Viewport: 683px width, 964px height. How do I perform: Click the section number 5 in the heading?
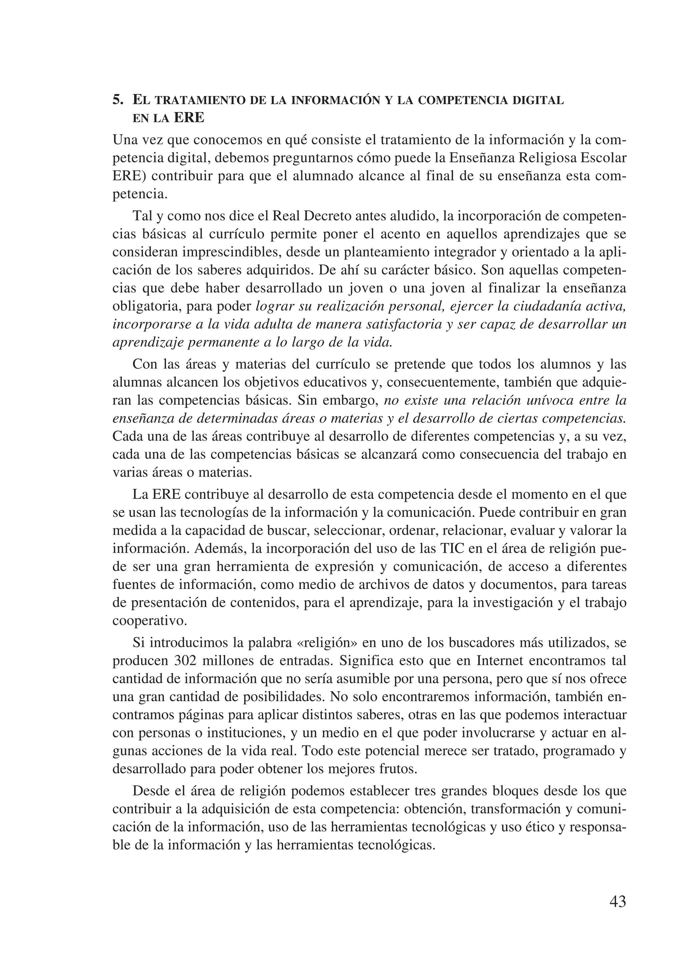click(118, 100)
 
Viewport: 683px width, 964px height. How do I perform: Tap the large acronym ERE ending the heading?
click(189, 118)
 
